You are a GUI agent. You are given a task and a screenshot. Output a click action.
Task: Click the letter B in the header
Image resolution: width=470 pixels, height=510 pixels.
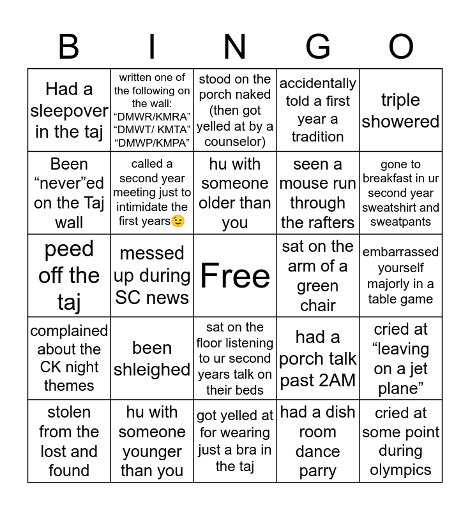(x=69, y=47)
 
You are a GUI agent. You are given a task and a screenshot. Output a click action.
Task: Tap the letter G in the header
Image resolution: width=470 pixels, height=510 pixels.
(x=317, y=47)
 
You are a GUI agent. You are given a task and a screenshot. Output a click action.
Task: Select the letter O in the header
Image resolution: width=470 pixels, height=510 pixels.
(x=400, y=47)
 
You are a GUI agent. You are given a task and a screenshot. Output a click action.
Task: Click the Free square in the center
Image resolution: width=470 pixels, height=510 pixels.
(x=235, y=275)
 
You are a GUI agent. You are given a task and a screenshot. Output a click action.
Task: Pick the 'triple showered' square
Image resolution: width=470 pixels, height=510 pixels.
(x=401, y=110)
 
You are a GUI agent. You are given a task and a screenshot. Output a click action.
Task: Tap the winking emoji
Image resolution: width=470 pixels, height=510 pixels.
(x=178, y=221)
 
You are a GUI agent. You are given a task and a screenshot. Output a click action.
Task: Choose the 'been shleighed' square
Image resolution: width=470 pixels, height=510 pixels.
(x=152, y=358)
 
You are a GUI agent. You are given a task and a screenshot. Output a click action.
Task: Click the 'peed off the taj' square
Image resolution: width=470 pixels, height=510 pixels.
(x=69, y=275)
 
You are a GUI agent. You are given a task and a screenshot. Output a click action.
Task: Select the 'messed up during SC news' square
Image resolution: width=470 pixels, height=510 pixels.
(x=152, y=275)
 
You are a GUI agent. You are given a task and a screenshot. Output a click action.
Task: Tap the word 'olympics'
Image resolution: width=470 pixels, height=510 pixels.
(x=401, y=470)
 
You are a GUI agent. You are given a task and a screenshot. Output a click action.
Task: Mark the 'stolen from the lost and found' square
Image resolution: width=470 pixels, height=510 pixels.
(x=69, y=441)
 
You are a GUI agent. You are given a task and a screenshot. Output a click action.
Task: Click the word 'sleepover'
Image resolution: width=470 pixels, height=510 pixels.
(x=69, y=110)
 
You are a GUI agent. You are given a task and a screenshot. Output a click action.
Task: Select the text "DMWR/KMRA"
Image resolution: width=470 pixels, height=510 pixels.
(x=152, y=117)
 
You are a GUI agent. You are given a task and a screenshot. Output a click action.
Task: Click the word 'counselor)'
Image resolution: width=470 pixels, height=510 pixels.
(x=235, y=142)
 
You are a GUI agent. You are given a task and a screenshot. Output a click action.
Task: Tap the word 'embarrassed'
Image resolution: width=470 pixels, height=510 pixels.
(x=401, y=252)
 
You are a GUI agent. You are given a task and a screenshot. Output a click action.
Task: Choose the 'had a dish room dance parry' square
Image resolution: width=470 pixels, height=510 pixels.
(x=318, y=441)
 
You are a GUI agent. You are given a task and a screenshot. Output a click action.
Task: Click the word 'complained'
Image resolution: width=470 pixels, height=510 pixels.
(x=69, y=331)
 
